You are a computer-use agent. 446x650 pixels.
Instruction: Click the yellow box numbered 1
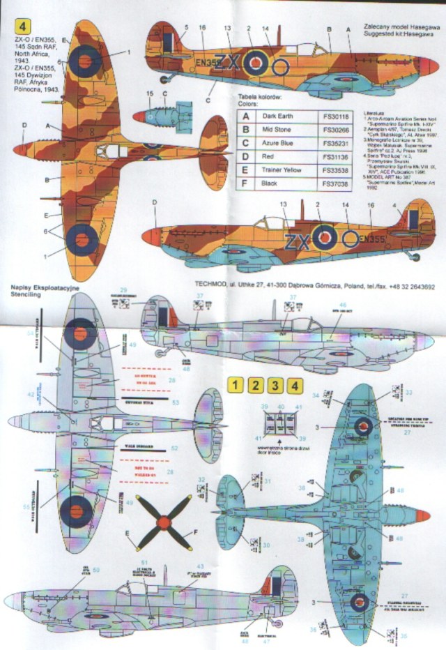[237, 385]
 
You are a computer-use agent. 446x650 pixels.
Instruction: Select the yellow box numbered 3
[276, 385]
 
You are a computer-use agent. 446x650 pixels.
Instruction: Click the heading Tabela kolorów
[259, 94]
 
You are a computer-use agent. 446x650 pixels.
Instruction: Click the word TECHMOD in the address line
[210, 285]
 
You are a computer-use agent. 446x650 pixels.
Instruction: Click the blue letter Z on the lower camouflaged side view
[291, 241]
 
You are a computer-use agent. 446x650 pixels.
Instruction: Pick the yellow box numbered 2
[256, 385]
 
